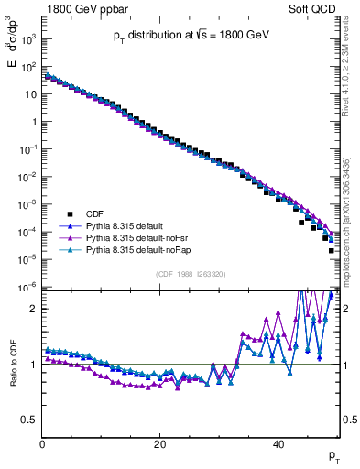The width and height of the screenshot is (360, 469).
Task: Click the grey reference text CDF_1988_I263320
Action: click(x=191, y=272)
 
